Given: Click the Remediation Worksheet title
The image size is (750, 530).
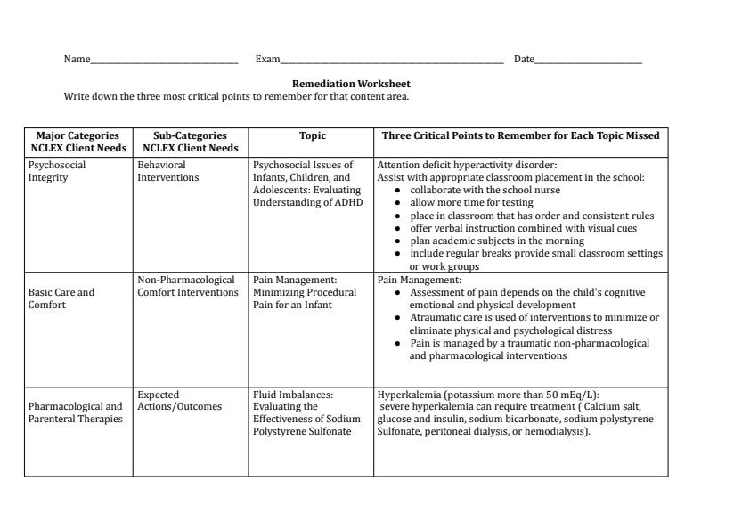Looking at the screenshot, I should tap(351, 84).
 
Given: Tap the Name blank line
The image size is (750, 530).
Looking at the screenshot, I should tap(164, 61).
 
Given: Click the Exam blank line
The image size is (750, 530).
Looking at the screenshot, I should tap(392, 61).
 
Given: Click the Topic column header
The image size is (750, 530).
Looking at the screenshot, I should tap(312, 136).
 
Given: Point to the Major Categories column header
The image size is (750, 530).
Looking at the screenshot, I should tap(77, 142).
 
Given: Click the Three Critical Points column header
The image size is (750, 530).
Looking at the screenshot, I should tap(520, 136).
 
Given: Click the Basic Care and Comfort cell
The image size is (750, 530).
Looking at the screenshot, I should tap(61, 298).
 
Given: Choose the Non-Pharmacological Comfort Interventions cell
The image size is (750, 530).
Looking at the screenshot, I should tap(188, 286).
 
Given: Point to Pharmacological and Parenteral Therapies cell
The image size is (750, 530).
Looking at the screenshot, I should tap(76, 413).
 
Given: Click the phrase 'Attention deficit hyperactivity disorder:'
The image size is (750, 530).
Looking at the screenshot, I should tap(467, 165).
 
